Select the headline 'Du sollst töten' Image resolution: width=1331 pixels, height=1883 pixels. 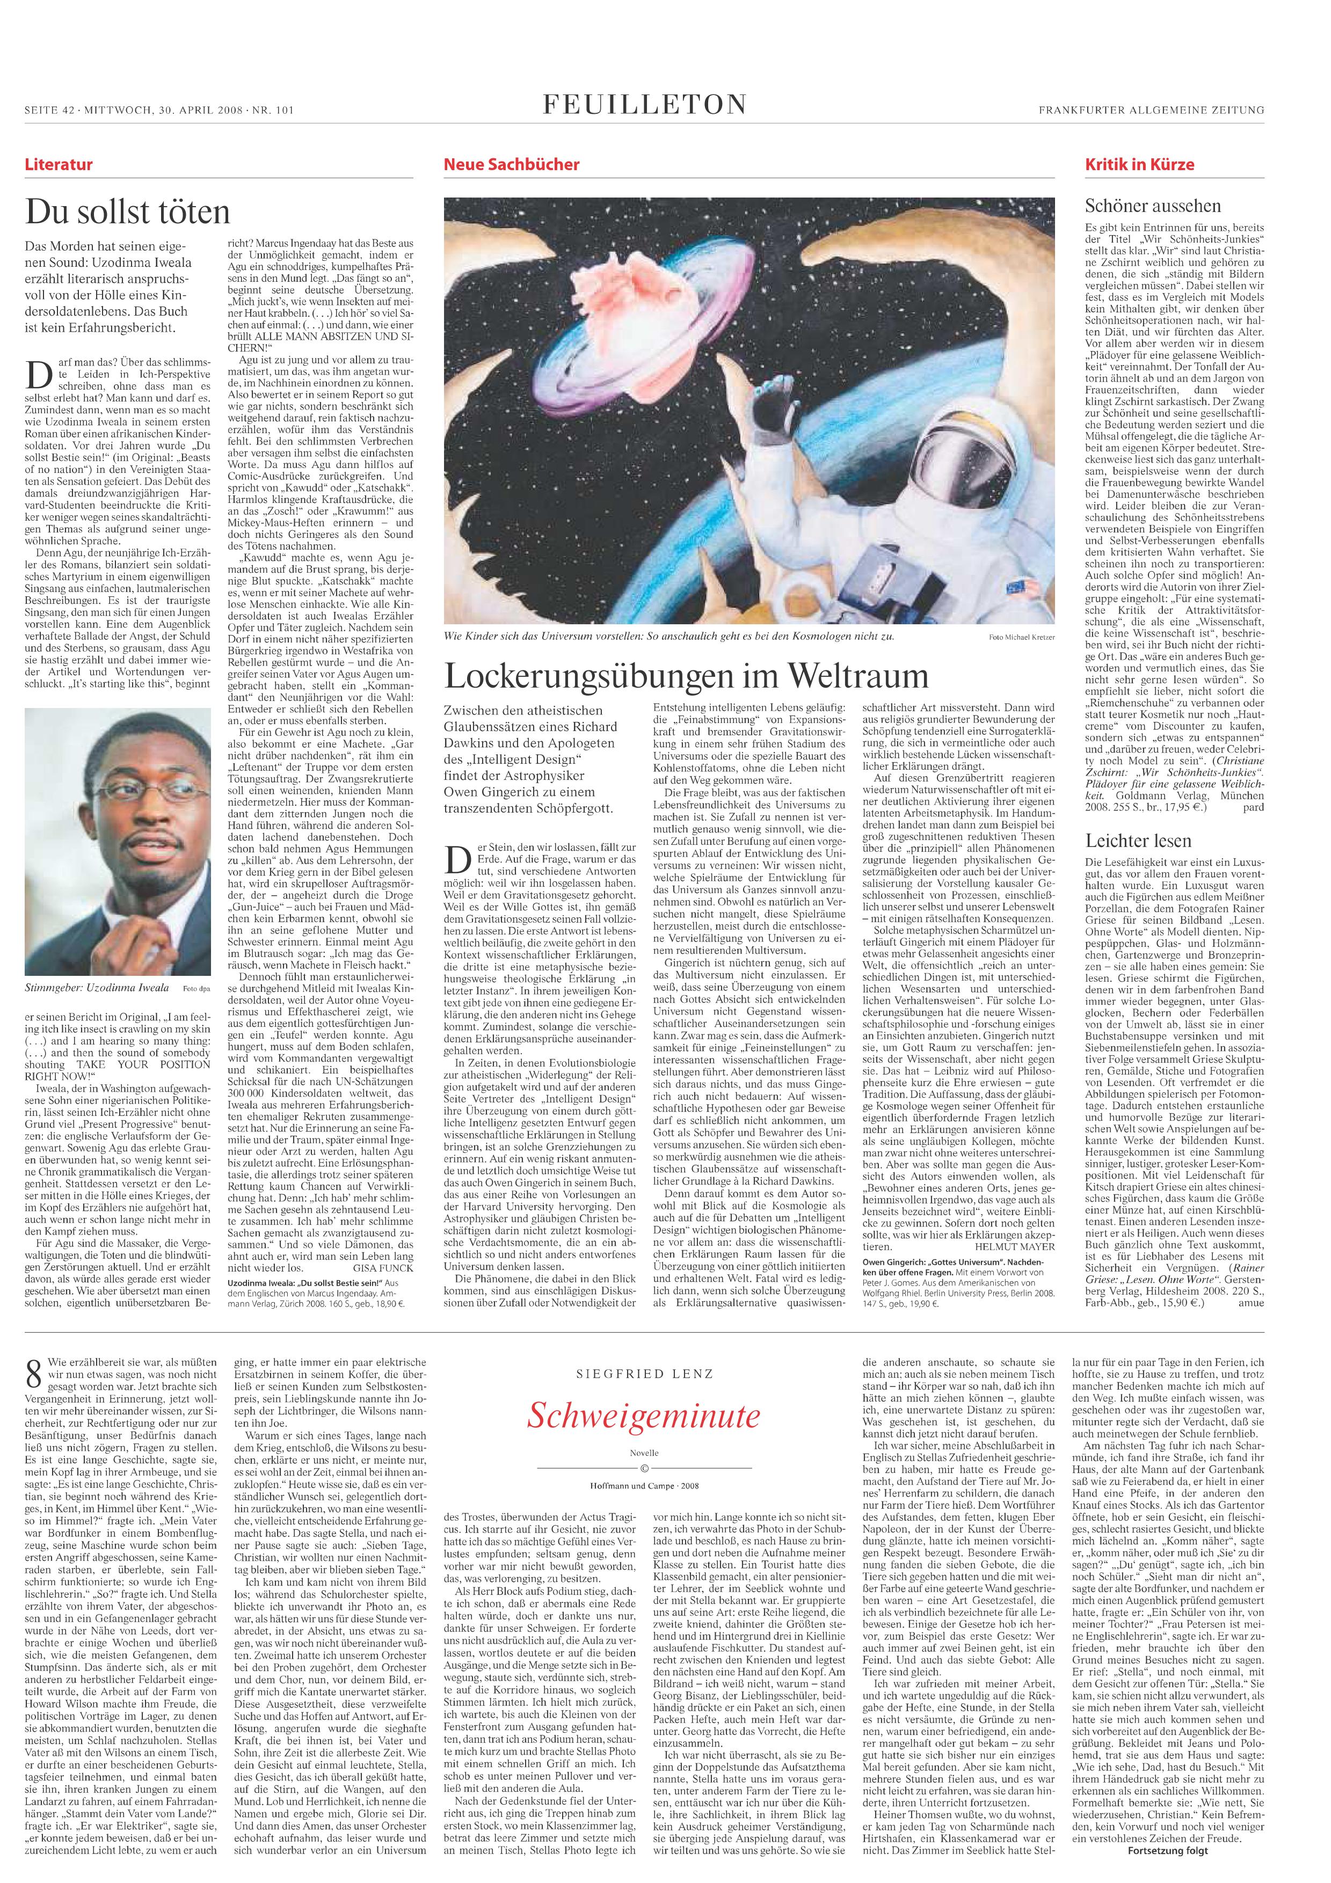point(128,213)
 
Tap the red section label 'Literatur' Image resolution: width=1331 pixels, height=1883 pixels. point(58,164)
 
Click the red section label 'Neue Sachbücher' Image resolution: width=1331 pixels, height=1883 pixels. point(511,164)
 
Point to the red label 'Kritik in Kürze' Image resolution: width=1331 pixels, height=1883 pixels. point(1129,164)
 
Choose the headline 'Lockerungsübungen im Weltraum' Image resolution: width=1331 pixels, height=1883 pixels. point(686,676)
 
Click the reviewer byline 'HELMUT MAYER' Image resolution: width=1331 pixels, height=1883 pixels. point(1028,1222)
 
